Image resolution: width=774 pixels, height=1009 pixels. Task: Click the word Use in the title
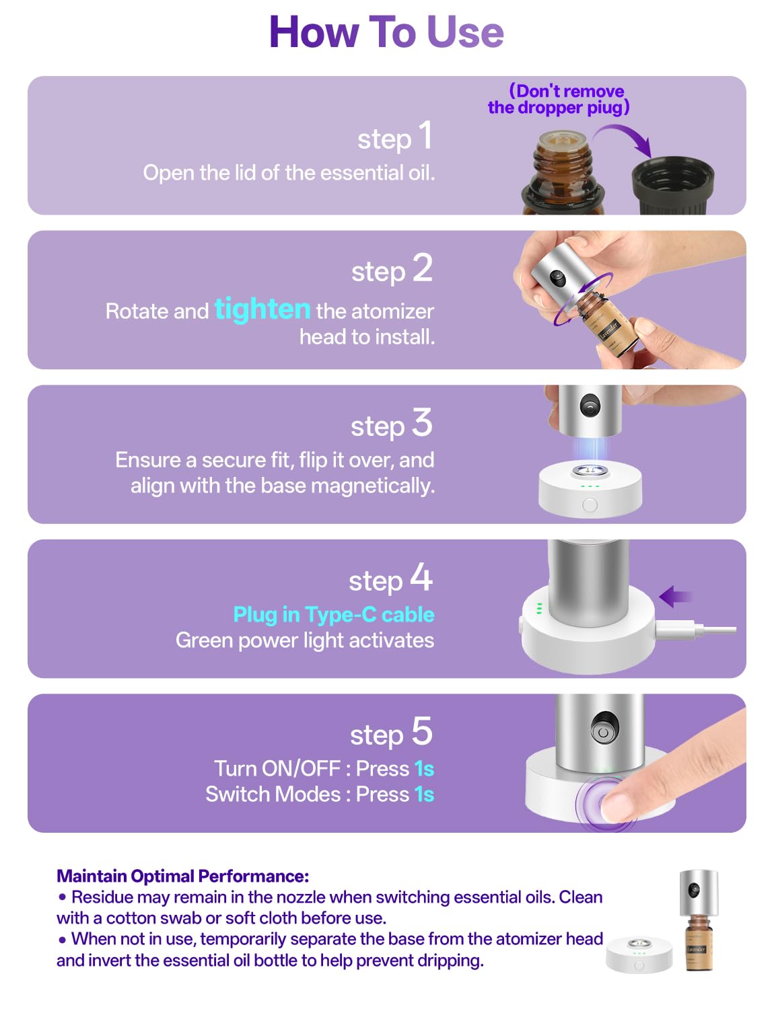click(465, 32)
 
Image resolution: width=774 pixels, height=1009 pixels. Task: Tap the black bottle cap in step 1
click(673, 185)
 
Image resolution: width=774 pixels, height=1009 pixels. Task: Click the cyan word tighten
click(262, 309)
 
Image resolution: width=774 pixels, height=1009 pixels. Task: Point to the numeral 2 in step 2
click(422, 268)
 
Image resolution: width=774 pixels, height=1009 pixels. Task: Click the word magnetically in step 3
click(373, 486)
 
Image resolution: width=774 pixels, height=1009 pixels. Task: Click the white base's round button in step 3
click(590, 504)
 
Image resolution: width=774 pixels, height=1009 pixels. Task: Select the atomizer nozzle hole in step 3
click(590, 406)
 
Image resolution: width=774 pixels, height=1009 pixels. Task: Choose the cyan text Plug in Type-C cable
click(334, 614)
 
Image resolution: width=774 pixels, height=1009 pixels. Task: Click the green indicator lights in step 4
click(539, 608)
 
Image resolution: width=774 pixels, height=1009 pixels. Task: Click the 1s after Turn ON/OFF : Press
click(424, 769)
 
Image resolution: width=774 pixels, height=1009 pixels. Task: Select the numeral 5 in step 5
click(422, 731)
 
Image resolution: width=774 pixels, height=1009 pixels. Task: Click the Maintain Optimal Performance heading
click(182, 876)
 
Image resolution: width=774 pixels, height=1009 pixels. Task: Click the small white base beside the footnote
click(639, 955)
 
